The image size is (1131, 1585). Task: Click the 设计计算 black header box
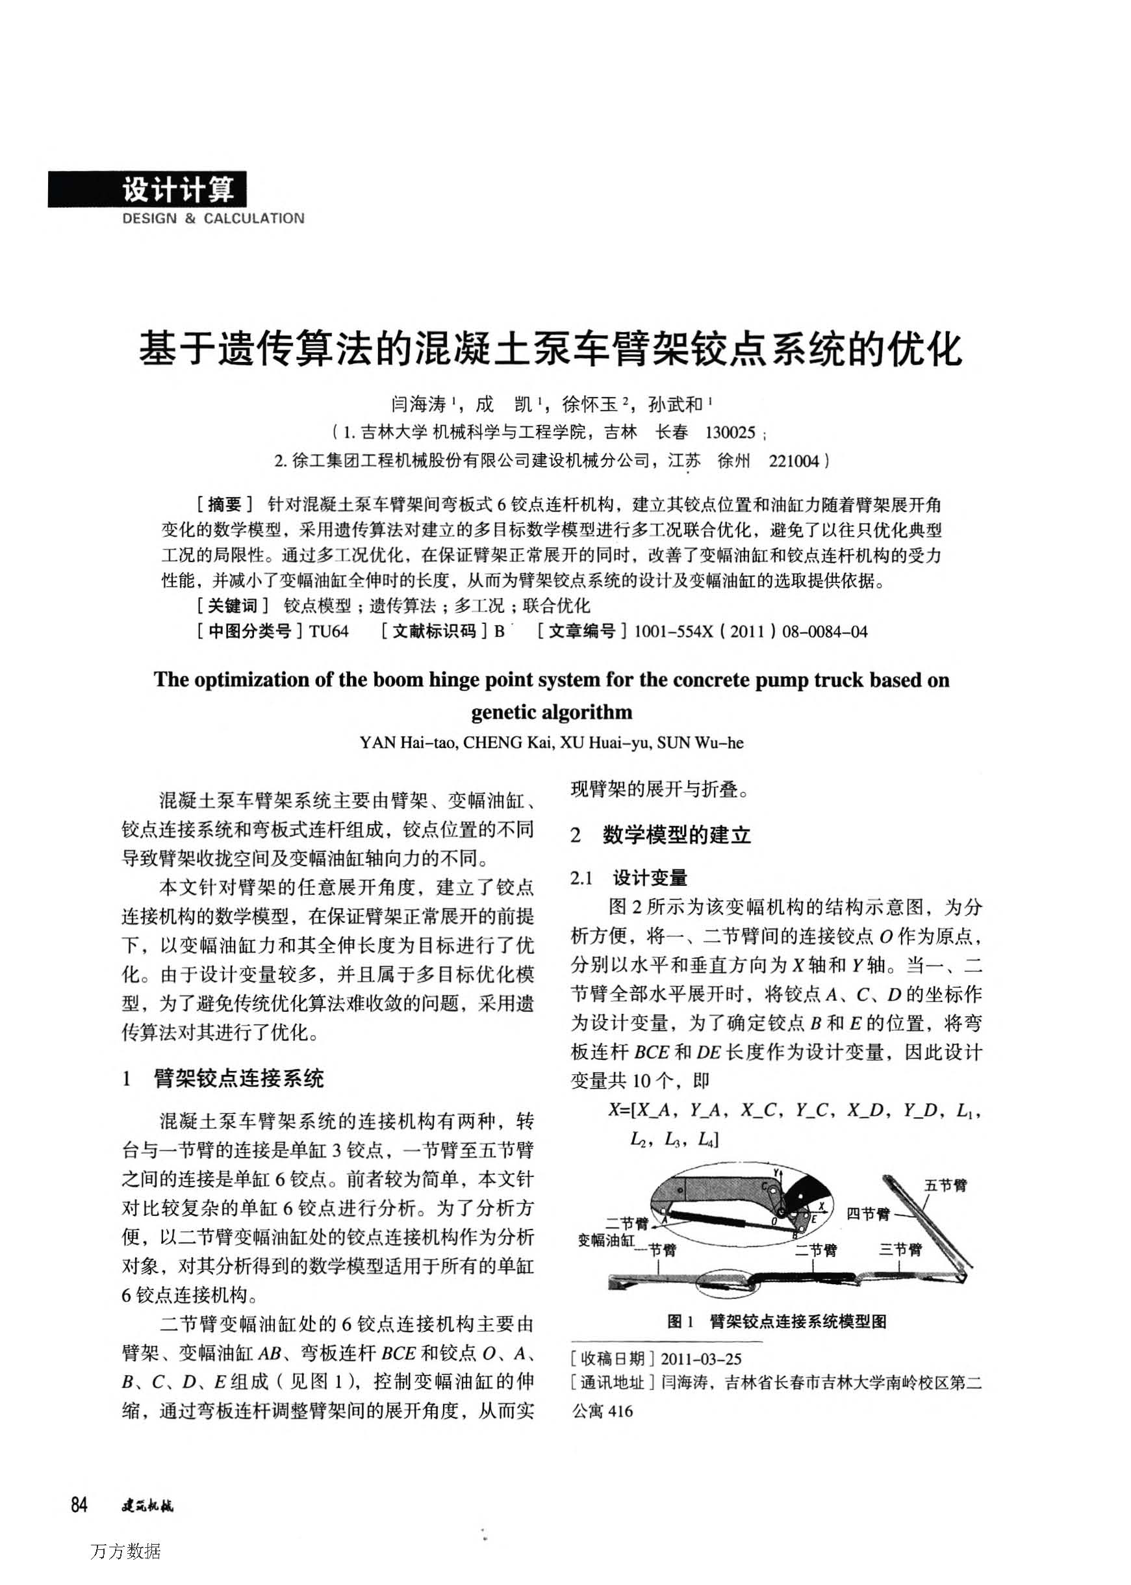coord(147,190)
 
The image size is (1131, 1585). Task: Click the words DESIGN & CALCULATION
coord(213,219)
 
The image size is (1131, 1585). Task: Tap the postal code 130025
coord(730,433)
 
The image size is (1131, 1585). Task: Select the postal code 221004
coord(794,461)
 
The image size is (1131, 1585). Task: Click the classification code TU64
coord(329,632)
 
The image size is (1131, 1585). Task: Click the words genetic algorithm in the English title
coord(552,712)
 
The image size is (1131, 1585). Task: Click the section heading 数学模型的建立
coord(676,834)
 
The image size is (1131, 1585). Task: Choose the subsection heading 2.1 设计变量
coord(629,878)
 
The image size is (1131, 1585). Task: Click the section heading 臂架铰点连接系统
coord(239,1079)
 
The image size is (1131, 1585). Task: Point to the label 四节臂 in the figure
coord(868,1215)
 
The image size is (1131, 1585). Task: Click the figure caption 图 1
coord(680,1322)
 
